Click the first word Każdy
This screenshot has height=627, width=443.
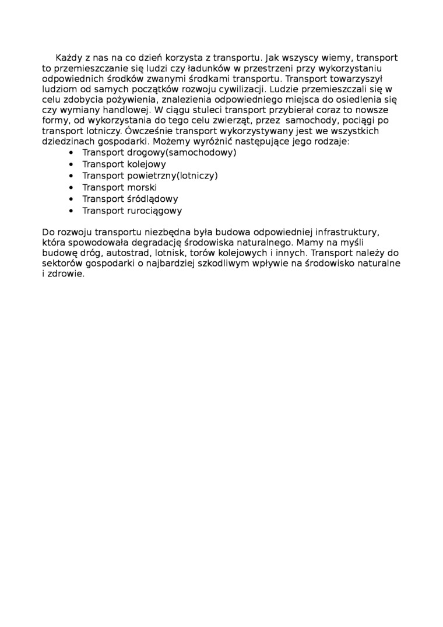point(68,58)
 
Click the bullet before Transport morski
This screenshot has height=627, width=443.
point(71,187)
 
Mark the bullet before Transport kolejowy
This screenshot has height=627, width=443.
point(71,164)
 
